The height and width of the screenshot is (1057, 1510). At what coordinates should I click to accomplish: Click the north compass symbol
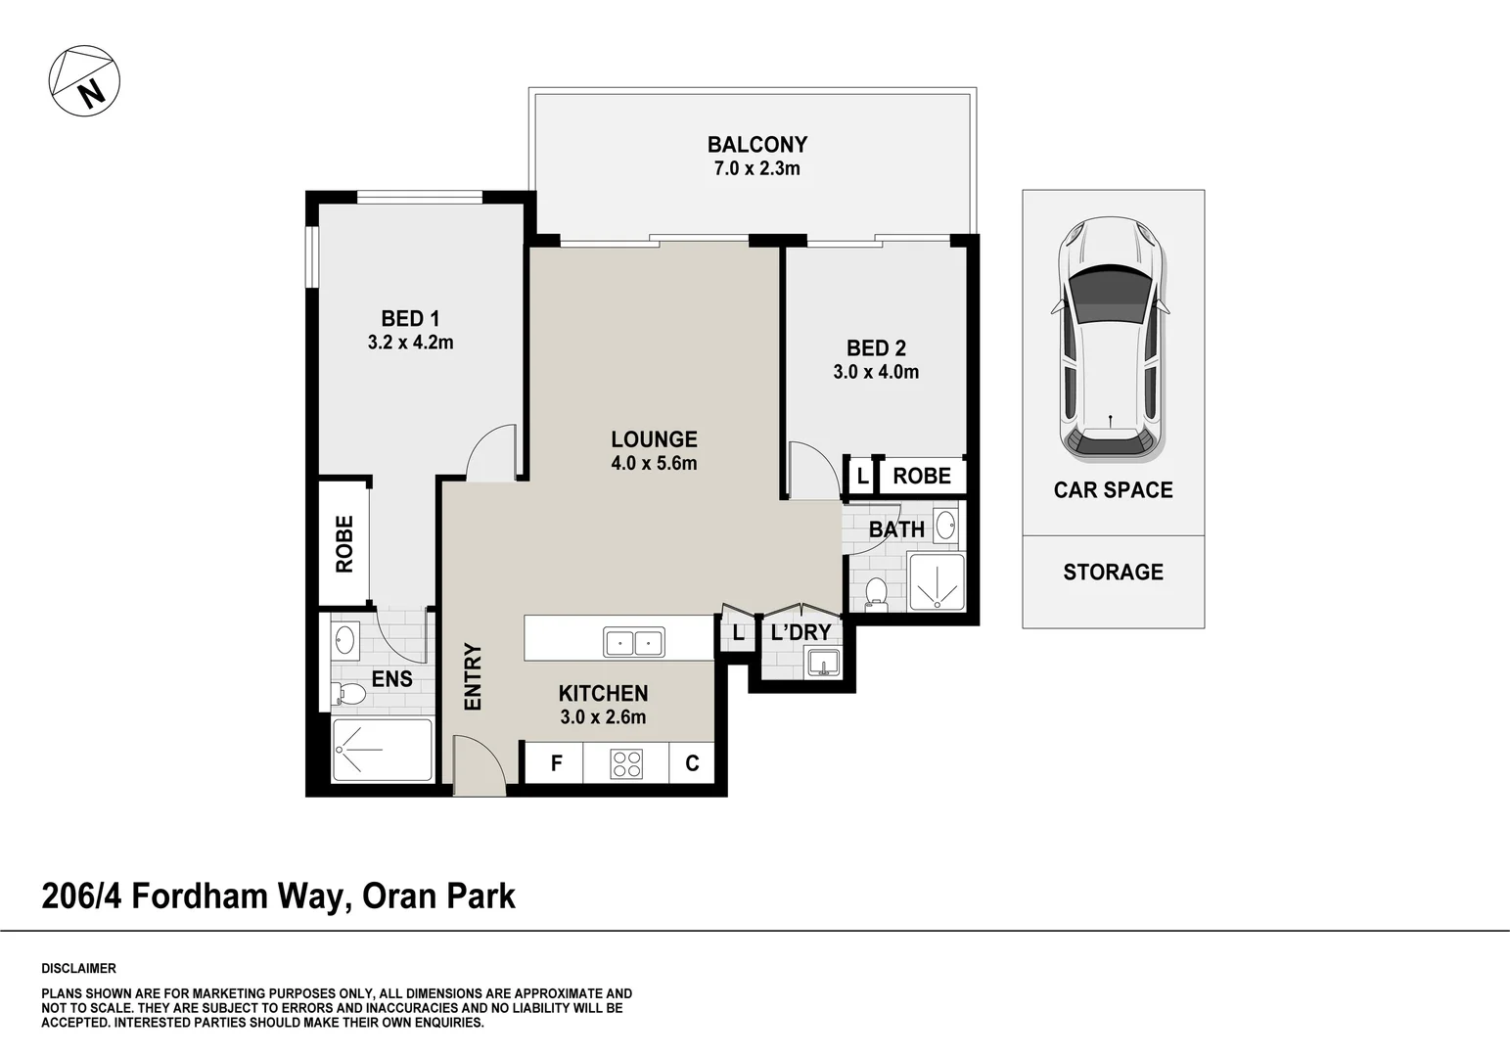point(84,81)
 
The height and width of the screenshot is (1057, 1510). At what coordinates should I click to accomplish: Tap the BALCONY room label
point(756,145)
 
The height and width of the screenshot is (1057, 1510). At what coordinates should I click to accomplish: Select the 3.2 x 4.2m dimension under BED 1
point(410,343)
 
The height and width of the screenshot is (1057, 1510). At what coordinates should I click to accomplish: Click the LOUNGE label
point(654,439)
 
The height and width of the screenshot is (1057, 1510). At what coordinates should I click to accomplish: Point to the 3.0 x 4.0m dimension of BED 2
point(876,372)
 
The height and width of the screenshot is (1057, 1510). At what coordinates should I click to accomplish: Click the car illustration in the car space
point(1112,339)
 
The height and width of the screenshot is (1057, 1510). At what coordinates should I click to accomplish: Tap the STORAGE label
point(1113,573)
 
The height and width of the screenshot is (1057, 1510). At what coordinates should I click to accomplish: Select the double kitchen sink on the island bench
point(633,643)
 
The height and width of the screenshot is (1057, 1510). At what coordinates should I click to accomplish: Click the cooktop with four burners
point(626,763)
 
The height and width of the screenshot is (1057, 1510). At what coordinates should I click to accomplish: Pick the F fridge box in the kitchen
point(555,763)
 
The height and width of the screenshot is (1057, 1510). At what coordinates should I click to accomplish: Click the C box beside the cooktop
point(692,763)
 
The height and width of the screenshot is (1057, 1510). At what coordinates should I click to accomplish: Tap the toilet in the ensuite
point(348,695)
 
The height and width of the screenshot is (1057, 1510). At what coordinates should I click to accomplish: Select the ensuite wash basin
point(344,642)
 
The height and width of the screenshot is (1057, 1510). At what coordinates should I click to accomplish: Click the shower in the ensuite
point(382,751)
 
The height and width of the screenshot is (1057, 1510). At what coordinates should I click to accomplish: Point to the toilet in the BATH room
point(876,594)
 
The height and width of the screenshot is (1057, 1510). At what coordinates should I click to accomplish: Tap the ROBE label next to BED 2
point(921,477)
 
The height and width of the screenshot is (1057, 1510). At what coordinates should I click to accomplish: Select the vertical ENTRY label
point(473,676)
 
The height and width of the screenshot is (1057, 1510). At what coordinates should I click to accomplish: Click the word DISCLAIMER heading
point(78,969)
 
